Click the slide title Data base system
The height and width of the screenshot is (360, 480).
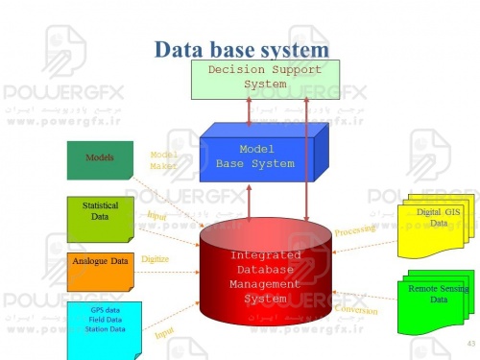242,48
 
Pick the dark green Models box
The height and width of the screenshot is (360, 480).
100,159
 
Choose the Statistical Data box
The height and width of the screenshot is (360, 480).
100,214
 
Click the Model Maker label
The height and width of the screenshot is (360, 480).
163,160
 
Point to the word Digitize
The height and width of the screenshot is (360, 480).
156,259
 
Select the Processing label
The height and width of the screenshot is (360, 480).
356,228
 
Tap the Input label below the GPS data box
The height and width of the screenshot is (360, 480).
164,335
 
